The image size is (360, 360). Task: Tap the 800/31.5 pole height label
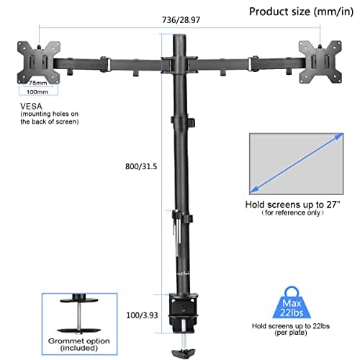[141, 166]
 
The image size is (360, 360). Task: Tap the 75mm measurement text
[32, 82]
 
